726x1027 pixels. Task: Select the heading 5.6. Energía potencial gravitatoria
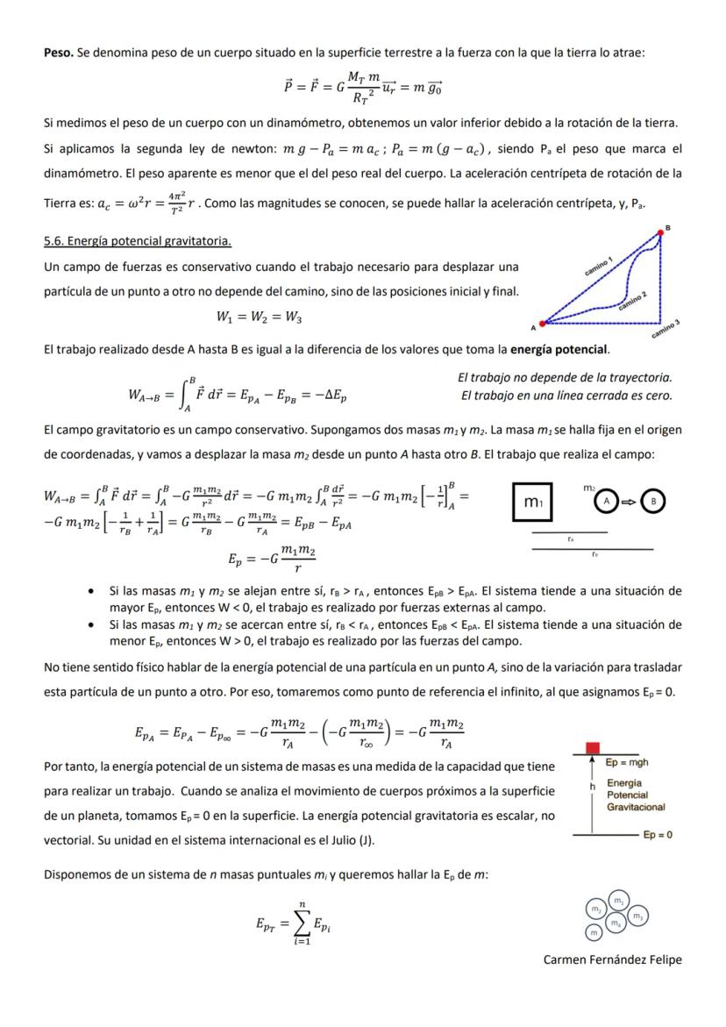pos(138,240)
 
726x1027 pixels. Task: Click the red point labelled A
pos(542,324)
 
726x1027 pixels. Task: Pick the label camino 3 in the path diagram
pos(666,329)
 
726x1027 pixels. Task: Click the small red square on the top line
pos(593,746)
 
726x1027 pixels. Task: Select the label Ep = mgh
pos(627,763)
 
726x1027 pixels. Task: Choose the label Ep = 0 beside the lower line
pos(657,835)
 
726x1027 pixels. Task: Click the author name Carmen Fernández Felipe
pos(612,959)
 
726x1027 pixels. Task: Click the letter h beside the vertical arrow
pos(593,788)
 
